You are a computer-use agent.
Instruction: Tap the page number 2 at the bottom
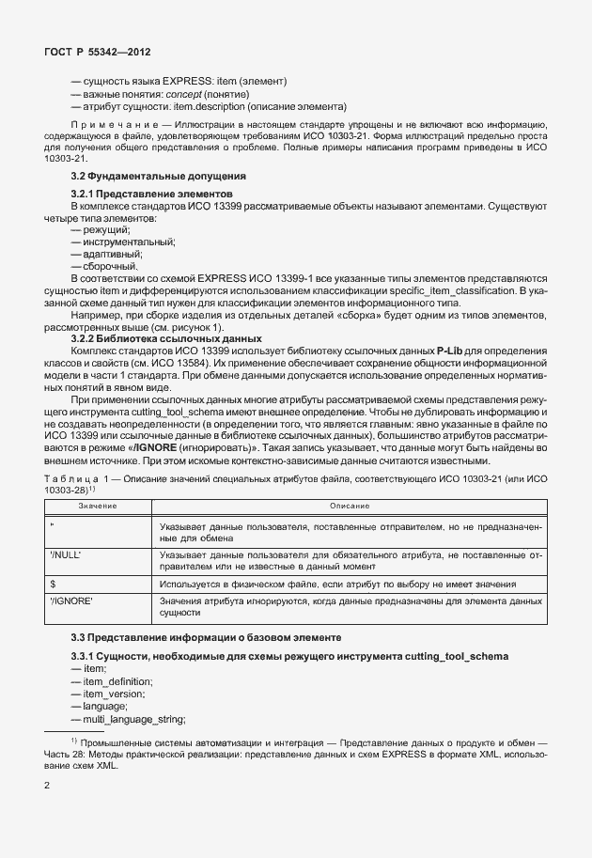47,782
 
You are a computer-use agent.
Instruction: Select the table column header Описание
349,507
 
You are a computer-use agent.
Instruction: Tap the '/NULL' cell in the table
65,555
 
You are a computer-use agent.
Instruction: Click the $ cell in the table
53,584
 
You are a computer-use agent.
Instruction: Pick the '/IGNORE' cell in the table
71,600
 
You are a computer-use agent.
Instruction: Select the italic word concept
188,95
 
